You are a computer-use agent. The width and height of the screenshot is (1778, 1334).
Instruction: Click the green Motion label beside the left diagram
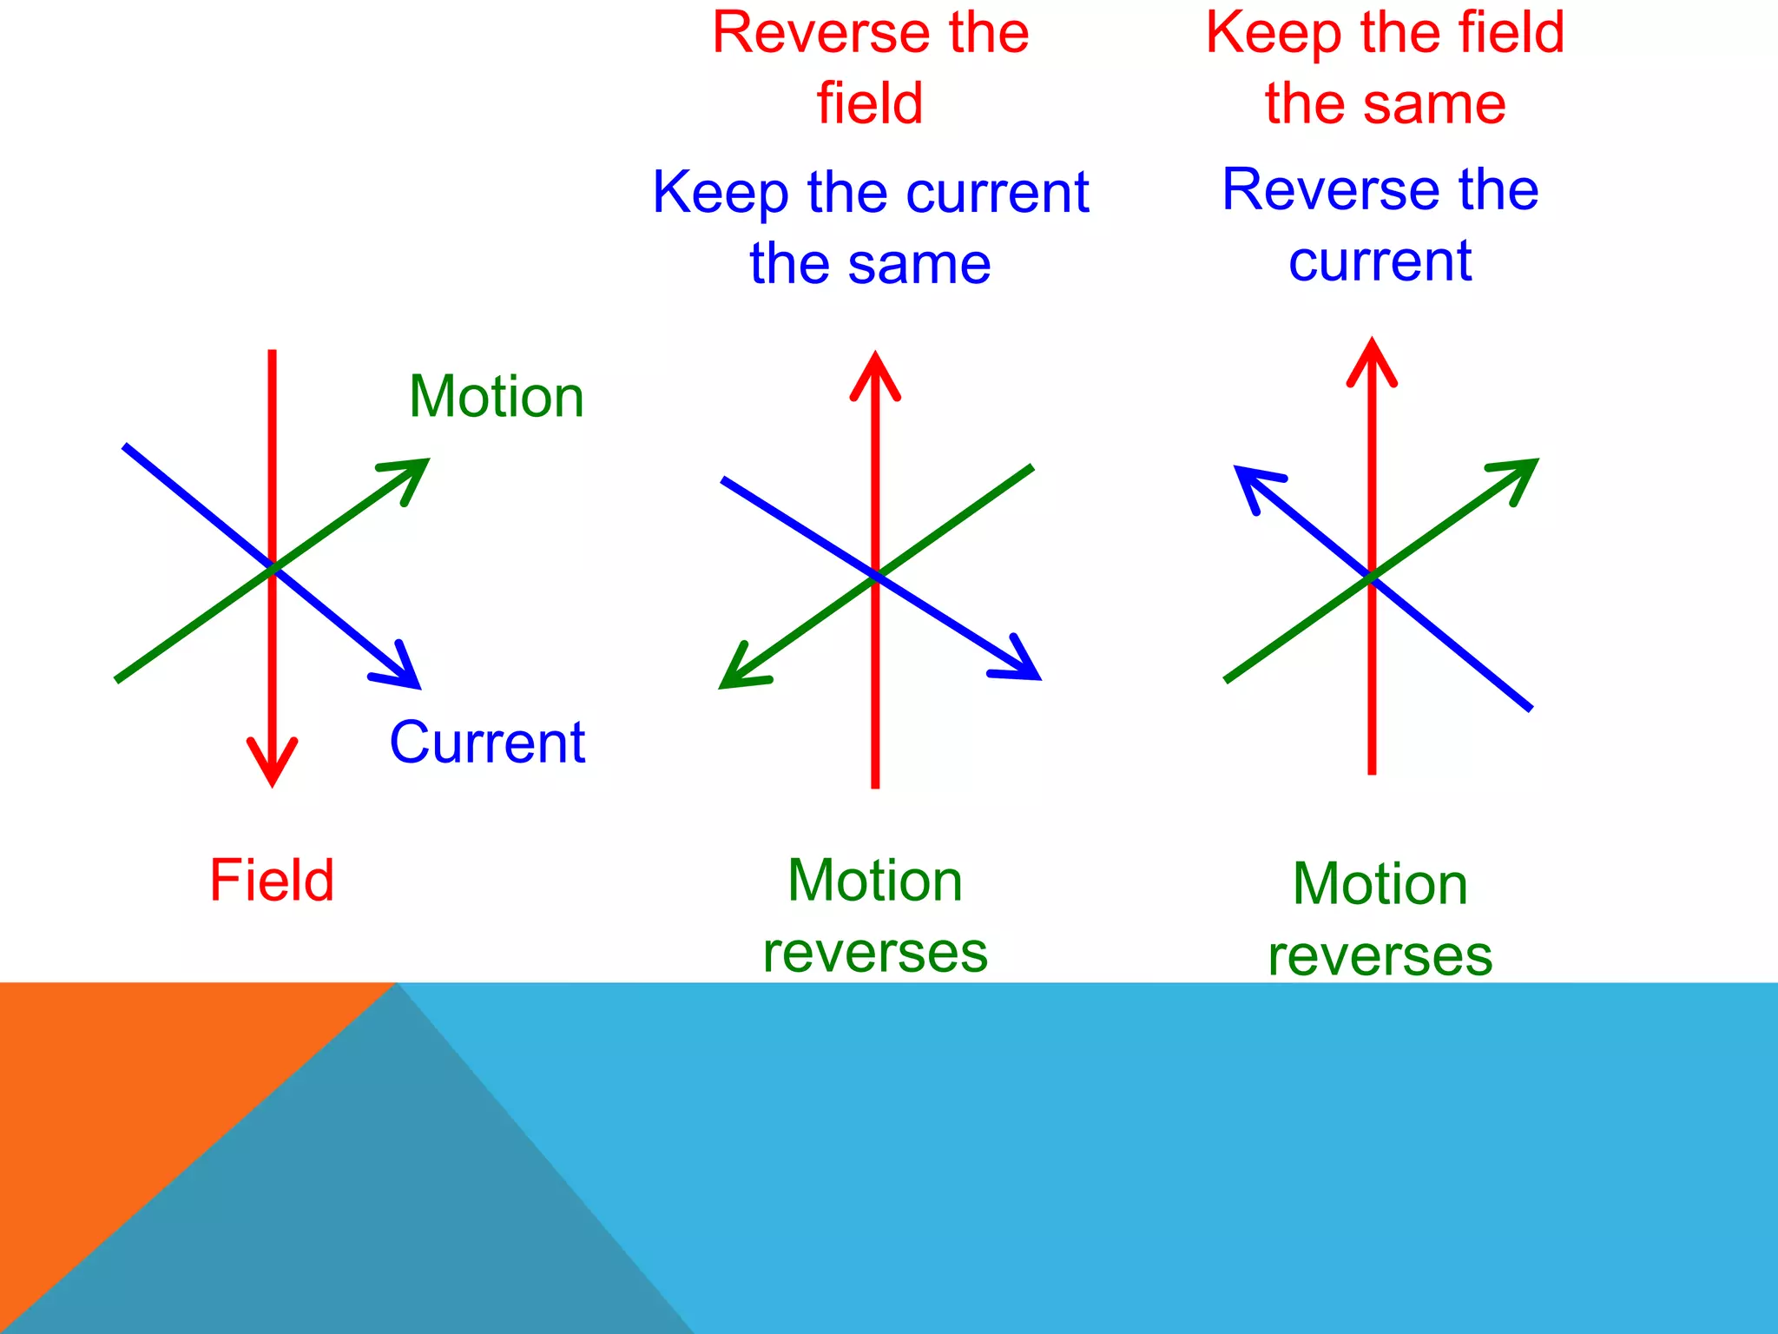[x=497, y=398]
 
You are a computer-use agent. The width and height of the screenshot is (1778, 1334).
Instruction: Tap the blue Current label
[x=487, y=743]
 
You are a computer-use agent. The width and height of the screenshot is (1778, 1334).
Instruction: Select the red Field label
[x=272, y=880]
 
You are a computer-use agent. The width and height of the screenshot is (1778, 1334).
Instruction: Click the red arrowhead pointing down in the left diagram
[x=272, y=764]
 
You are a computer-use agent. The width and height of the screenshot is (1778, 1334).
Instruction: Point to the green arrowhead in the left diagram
[x=411, y=475]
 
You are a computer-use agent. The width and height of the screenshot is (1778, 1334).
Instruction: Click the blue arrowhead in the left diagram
[x=402, y=671]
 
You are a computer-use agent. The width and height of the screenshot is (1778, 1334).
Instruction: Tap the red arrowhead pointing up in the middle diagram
[x=875, y=373]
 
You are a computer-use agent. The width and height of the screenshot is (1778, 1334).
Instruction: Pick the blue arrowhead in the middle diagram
[x=1021, y=664]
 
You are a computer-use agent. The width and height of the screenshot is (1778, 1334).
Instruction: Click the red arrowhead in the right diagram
[x=1372, y=360]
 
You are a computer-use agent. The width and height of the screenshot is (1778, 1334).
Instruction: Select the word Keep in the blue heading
[x=721, y=192]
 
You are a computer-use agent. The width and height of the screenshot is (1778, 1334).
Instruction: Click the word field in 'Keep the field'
[x=1511, y=33]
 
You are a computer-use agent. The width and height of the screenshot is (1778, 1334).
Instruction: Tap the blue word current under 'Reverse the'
[x=1380, y=261]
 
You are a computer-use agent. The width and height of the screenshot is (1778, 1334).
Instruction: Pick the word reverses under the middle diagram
[x=875, y=953]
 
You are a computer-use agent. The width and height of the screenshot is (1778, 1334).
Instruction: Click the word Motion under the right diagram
[x=1380, y=884]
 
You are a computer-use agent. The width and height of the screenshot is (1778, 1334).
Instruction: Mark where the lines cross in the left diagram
[x=272, y=568]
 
